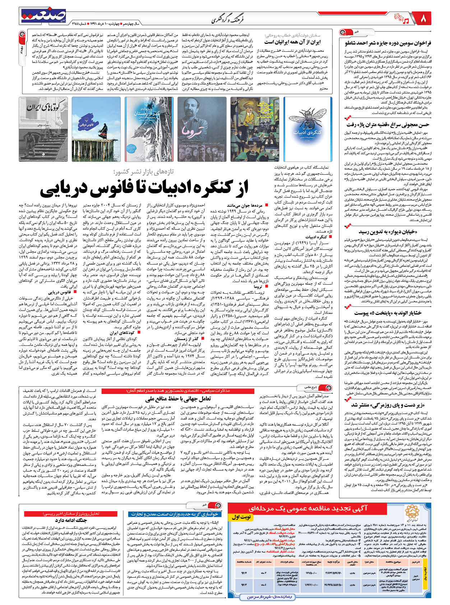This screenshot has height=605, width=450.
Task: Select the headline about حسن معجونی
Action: [x=388, y=125]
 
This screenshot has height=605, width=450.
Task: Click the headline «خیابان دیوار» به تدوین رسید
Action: [x=388, y=232]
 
